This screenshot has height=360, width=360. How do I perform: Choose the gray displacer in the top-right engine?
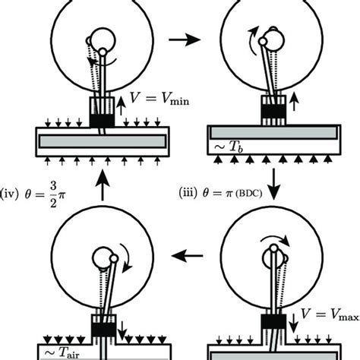coord(276,141)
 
